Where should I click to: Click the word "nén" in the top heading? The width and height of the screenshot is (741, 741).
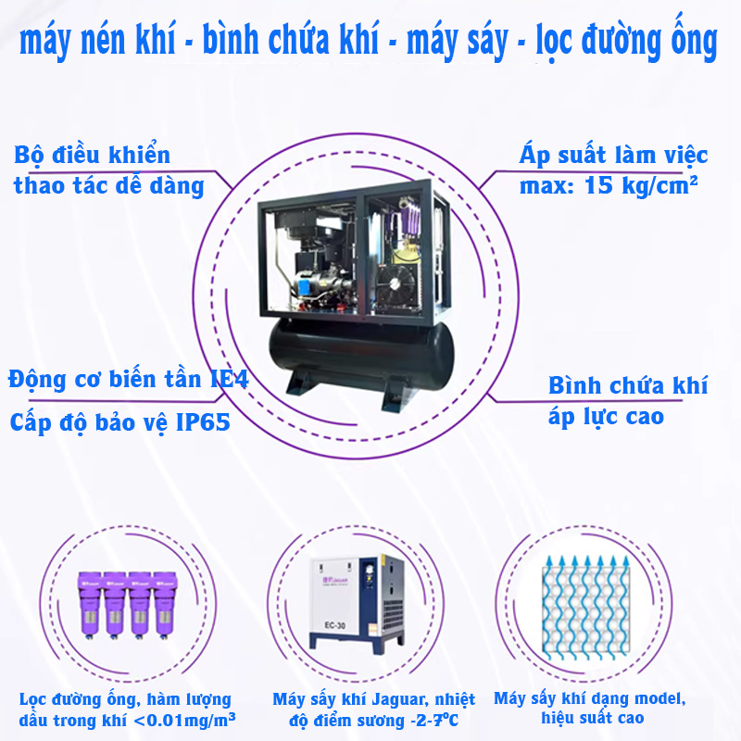click(x=104, y=41)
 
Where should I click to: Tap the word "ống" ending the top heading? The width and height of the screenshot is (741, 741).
click(x=695, y=38)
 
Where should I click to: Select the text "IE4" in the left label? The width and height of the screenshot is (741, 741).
click(x=230, y=379)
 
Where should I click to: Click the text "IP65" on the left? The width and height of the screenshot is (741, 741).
click(x=203, y=422)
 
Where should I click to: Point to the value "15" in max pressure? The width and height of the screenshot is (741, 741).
click(x=599, y=185)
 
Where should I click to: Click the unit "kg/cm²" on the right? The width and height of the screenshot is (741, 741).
click(x=659, y=186)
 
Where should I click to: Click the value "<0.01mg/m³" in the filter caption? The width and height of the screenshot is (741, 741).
click(x=184, y=720)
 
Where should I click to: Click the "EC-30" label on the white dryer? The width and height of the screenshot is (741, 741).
click(x=335, y=625)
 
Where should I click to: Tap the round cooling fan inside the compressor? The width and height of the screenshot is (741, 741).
click(x=396, y=285)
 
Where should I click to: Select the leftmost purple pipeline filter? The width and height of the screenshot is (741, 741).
click(x=89, y=605)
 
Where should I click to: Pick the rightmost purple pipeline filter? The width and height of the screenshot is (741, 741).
click(x=165, y=605)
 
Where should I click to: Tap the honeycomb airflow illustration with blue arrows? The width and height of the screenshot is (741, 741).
click(x=586, y=608)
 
